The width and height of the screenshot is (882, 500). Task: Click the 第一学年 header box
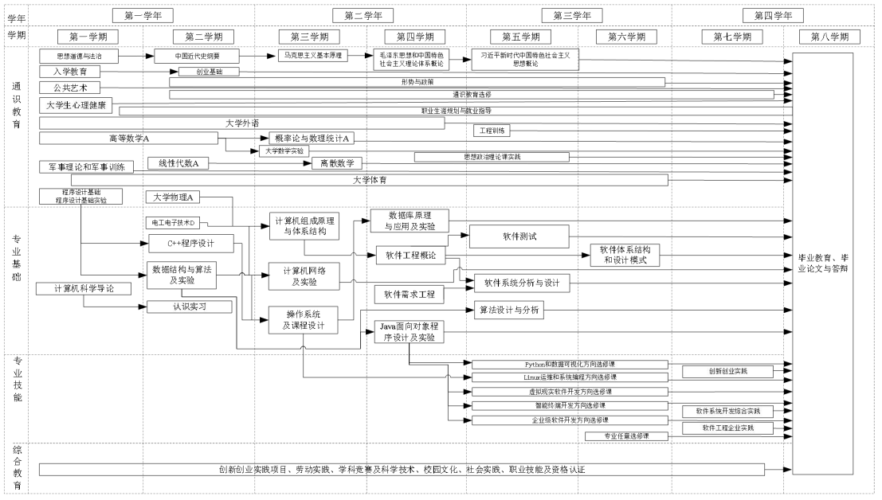coord(143,15)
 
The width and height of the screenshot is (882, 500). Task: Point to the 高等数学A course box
coord(129,139)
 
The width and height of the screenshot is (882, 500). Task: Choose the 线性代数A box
coord(178,163)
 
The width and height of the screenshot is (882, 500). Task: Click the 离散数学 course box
coord(337,163)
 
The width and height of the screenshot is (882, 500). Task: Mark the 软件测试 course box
coord(518,236)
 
